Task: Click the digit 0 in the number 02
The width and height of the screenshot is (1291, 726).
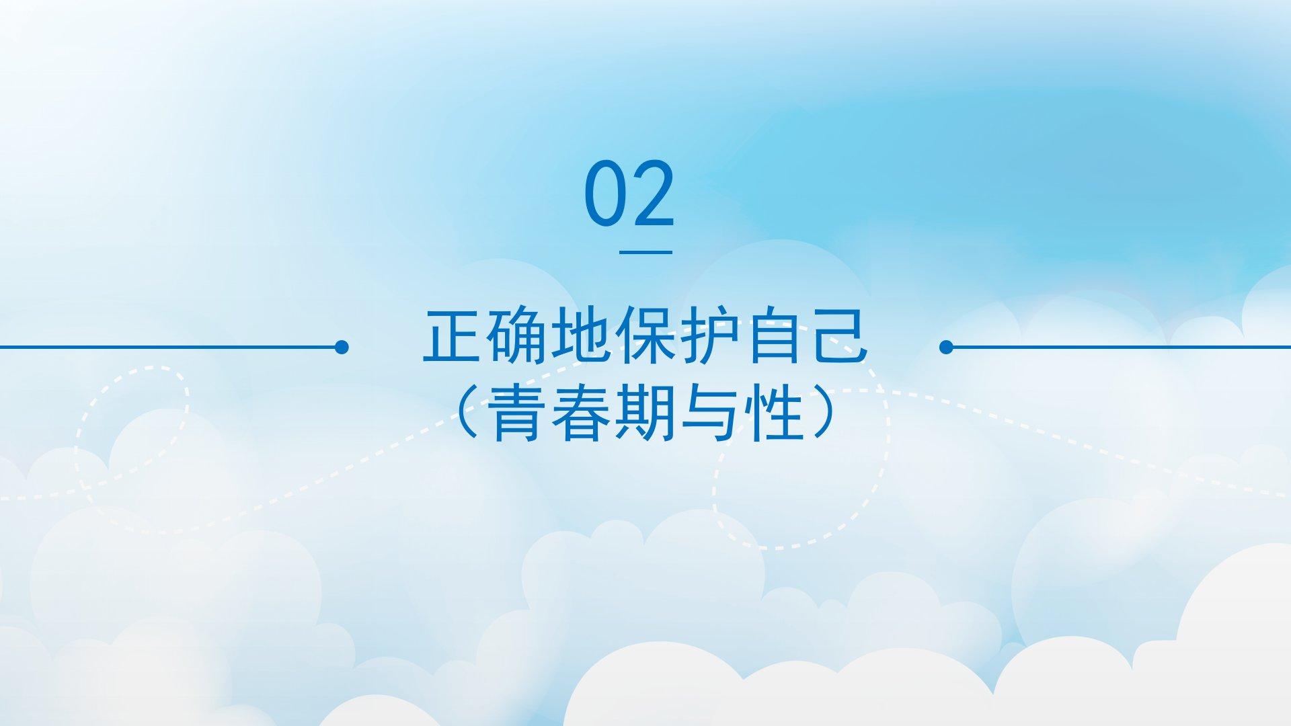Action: click(x=605, y=193)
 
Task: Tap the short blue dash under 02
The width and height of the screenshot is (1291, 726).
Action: click(x=645, y=252)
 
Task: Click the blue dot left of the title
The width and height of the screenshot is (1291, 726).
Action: click(x=342, y=347)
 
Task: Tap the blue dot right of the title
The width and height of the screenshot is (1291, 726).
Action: click(x=946, y=347)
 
